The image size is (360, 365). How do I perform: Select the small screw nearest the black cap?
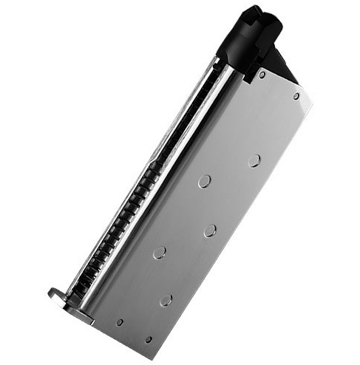pyautogui.click(x=262, y=74)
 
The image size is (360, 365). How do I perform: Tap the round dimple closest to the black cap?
pyautogui.click(x=254, y=160)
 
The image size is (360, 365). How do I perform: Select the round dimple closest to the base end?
pyautogui.click(x=166, y=300)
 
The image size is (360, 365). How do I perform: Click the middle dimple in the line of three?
pyautogui.click(x=210, y=231)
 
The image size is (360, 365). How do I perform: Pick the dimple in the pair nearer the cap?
pyautogui.click(x=204, y=182)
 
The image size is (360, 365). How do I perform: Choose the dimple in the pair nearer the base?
pyautogui.click(x=160, y=252)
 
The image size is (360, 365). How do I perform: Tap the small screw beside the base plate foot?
pyautogui.click(x=120, y=322)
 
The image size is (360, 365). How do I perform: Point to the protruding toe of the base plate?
pyautogui.click(x=56, y=295)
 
